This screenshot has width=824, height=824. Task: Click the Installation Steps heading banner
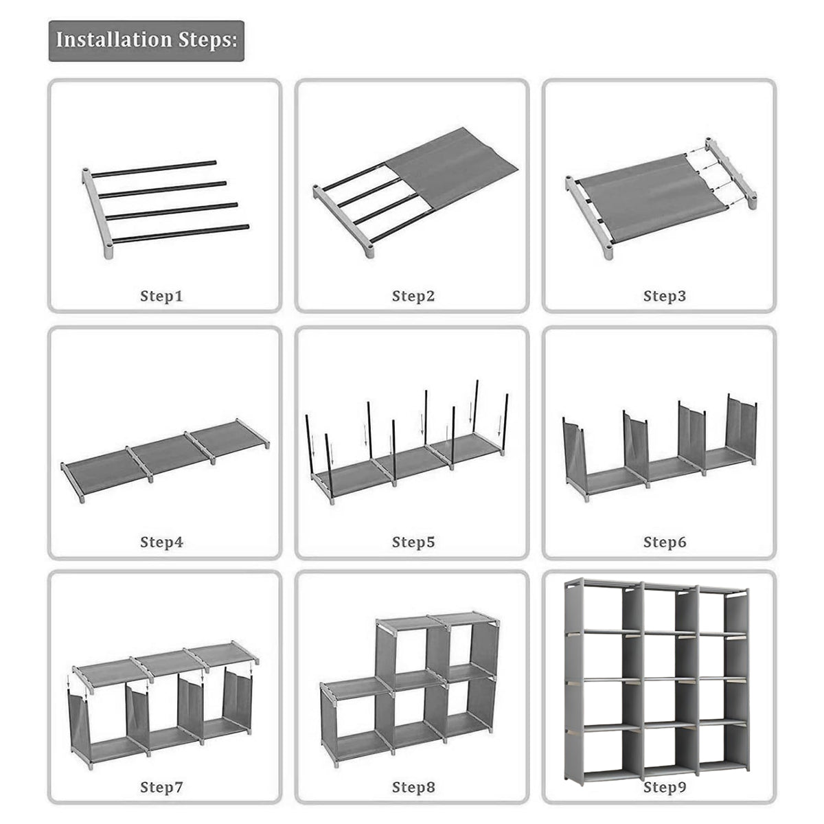pyautogui.click(x=146, y=41)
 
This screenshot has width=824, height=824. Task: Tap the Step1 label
pyautogui.click(x=161, y=296)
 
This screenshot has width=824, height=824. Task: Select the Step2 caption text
pyautogui.click(x=413, y=296)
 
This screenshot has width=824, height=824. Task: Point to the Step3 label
pyautogui.click(x=665, y=296)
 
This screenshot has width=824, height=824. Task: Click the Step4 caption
pyautogui.click(x=161, y=542)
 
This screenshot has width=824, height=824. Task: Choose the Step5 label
pyautogui.click(x=413, y=542)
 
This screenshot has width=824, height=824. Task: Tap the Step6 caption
pyautogui.click(x=665, y=542)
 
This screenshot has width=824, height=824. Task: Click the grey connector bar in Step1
pyautogui.click(x=98, y=214)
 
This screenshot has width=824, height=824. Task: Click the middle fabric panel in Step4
pyautogui.click(x=165, y=455)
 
